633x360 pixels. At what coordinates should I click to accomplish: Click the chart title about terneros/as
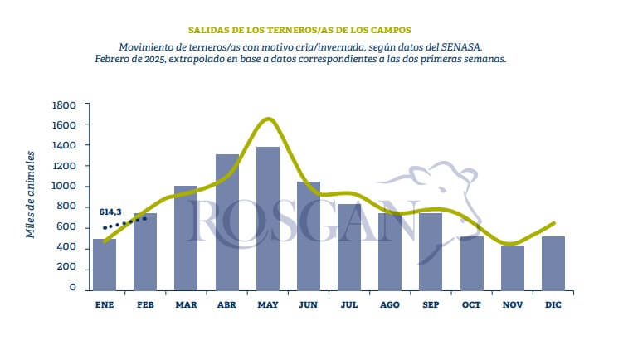click(299, 30)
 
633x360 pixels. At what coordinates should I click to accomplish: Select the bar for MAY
click(268, 219)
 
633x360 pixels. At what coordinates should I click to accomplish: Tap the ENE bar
click(105, 265)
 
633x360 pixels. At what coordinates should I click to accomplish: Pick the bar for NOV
click(513, 268)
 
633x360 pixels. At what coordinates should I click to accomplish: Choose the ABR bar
click(226, 222)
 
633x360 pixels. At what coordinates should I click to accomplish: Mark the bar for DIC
click(553, 264)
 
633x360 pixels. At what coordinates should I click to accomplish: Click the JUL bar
click(349, 247)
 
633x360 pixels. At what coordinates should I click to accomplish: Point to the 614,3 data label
click(110, 212)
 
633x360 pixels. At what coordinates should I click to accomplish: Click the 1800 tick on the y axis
click(64, 105)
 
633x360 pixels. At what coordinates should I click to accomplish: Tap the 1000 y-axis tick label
click(64, 186)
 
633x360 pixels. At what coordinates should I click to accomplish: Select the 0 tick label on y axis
click(73, 287)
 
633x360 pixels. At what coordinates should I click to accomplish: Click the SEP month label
click(431, 304)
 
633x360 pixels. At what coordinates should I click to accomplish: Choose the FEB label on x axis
click(145, 304)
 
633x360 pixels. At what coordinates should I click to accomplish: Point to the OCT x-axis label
click(471, 304)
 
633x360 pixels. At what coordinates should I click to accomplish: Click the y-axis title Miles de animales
click(30, 195)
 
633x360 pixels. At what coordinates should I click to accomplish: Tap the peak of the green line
click(268, 119)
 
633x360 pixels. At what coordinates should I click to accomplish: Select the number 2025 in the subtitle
click(154, 59)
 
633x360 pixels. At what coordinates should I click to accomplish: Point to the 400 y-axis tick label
click(66, 246)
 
